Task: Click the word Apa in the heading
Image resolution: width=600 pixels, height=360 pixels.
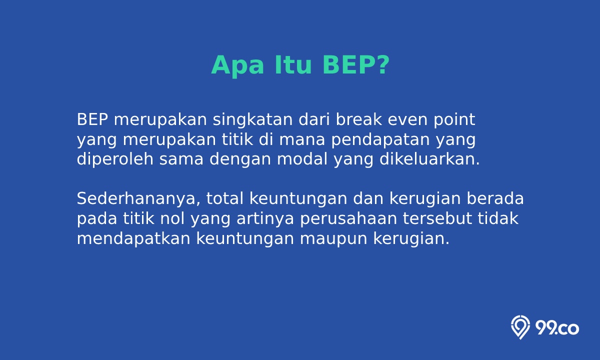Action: click(237, 65)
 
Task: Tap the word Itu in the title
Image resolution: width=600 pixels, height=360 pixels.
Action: click(293, 65)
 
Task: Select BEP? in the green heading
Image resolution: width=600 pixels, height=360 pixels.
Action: click(355, 65)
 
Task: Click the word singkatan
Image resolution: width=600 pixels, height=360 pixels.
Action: click(252, 120)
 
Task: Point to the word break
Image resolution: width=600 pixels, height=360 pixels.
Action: click(359, 119)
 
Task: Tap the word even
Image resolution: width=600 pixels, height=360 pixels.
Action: click(407, 120)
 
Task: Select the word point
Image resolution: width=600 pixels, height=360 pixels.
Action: click(454, 120)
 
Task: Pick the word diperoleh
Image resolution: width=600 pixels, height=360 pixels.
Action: click(115, 159)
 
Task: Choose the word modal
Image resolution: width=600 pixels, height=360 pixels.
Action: click(302, 159)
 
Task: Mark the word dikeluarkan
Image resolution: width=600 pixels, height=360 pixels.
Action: click(429, 159)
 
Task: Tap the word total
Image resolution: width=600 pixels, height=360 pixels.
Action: click(224, 199)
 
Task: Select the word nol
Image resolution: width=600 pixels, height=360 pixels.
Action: click(172, 218)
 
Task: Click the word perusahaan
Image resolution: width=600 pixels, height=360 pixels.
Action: click(348, 219)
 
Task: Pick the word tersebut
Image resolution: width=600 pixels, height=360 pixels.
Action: click(437, 218)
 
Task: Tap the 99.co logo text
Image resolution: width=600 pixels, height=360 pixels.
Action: click(557, 328)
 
